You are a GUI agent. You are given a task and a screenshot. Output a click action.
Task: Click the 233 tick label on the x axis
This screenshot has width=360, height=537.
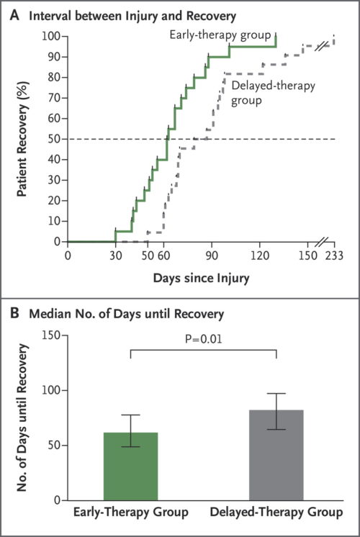click(334, 255)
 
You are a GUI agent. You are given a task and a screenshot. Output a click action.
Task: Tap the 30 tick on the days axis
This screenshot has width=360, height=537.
click(115, 255)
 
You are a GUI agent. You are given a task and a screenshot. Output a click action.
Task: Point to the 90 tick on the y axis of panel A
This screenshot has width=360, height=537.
click(50, 56)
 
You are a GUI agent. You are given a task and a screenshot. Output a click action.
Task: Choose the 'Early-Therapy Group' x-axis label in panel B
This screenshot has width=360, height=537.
click(131, 513)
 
